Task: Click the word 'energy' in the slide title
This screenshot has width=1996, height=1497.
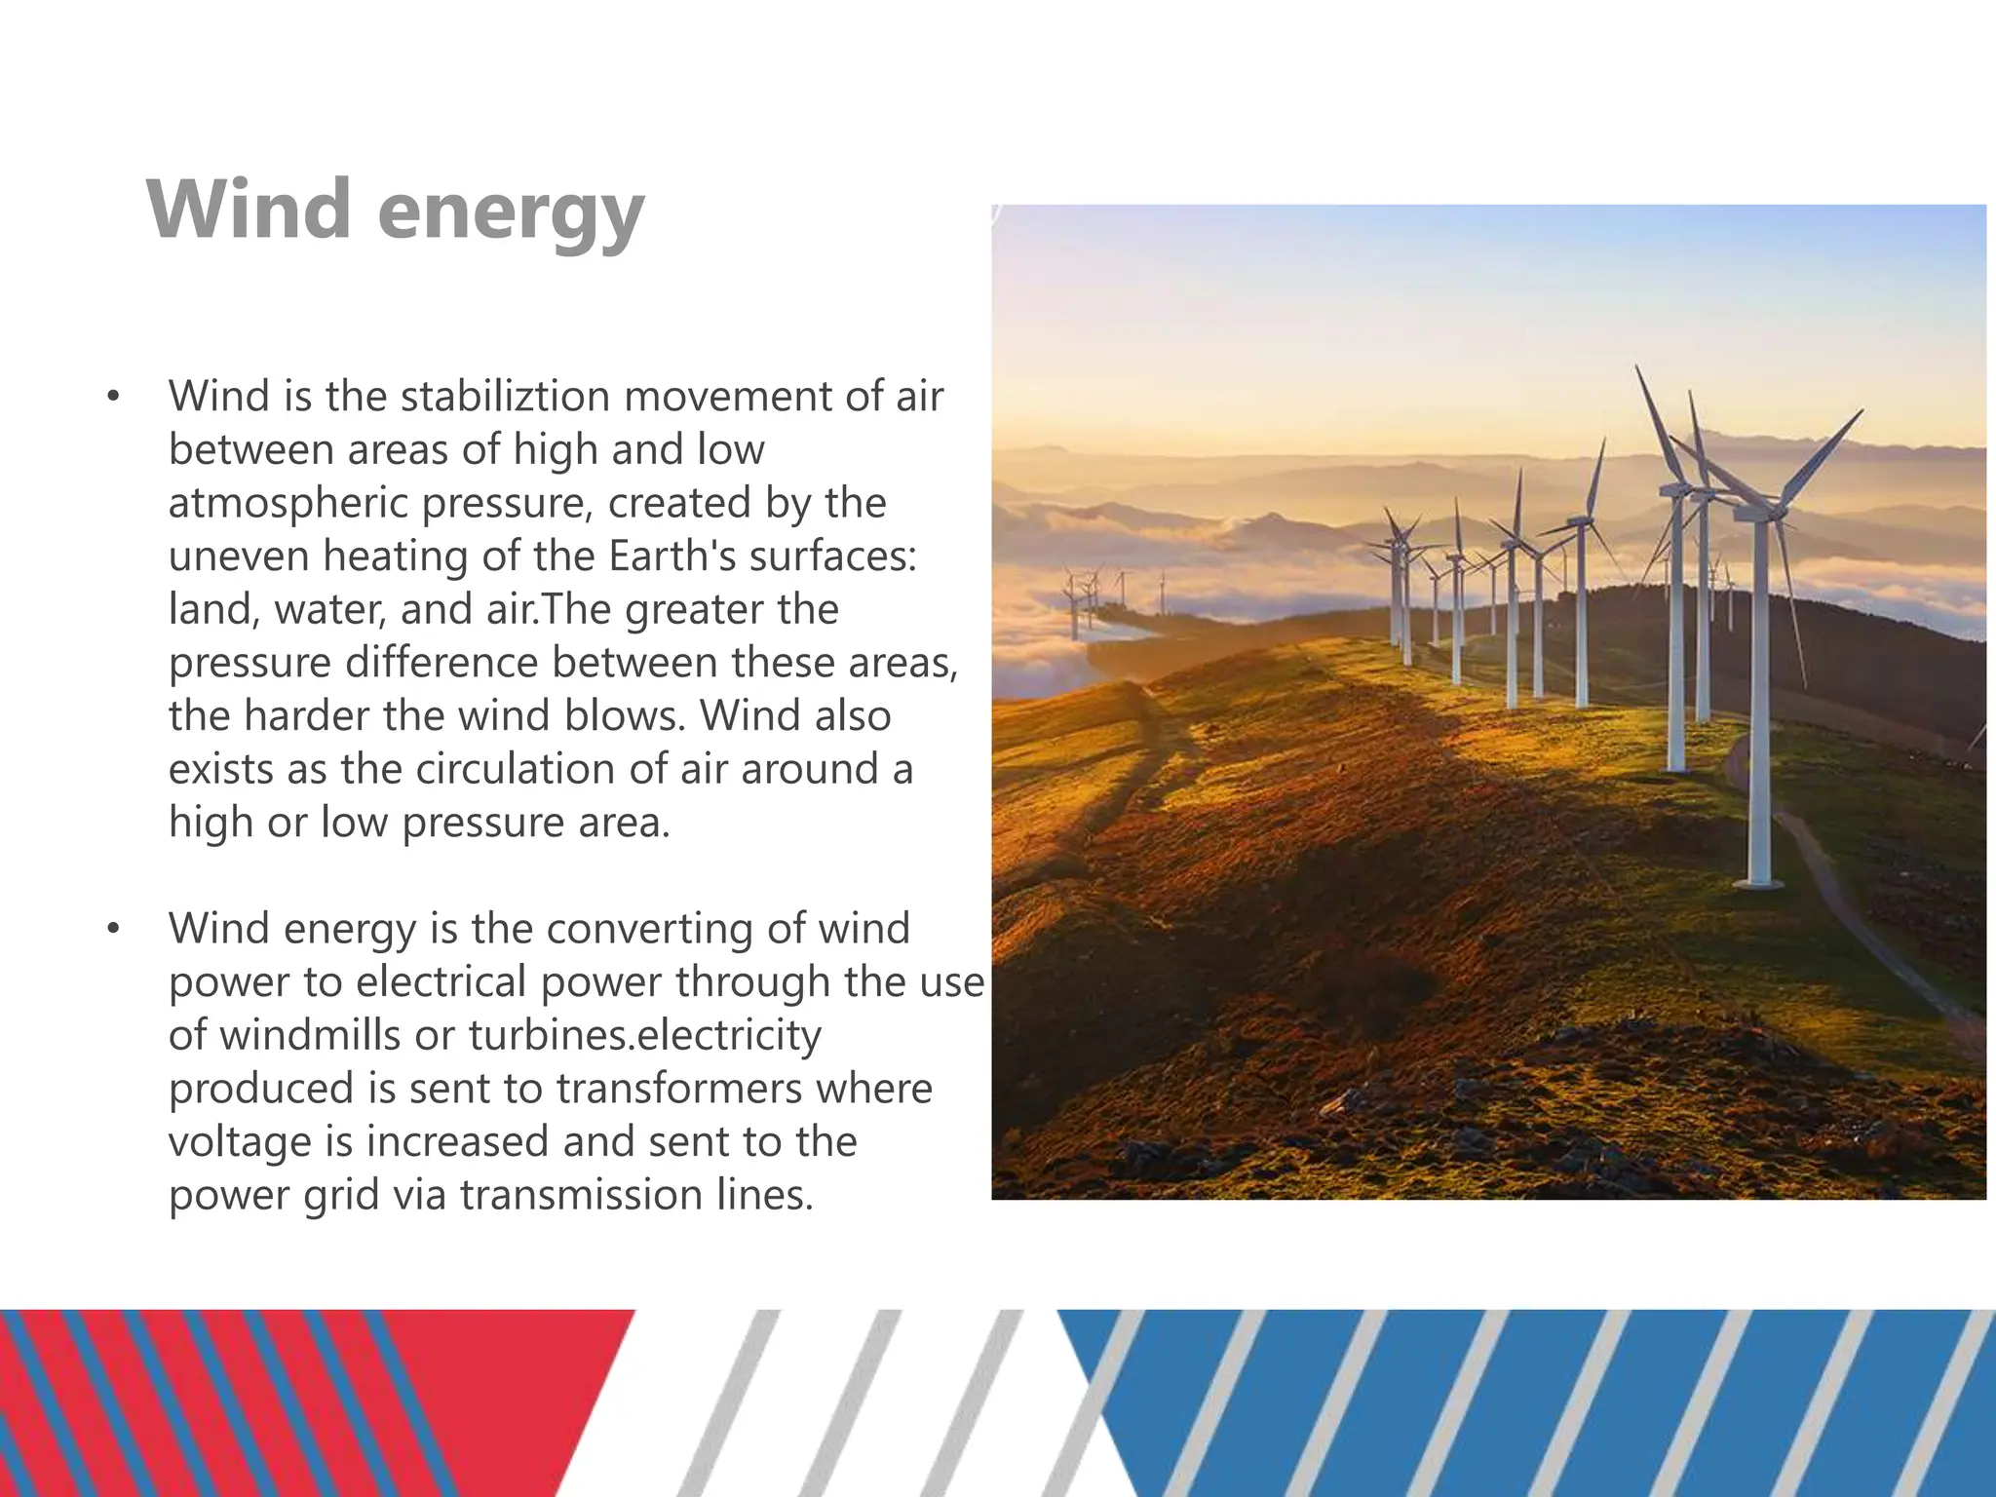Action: (511, 212)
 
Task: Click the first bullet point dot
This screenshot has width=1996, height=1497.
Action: (114, 397)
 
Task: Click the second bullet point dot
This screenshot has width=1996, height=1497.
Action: (114, 929)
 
